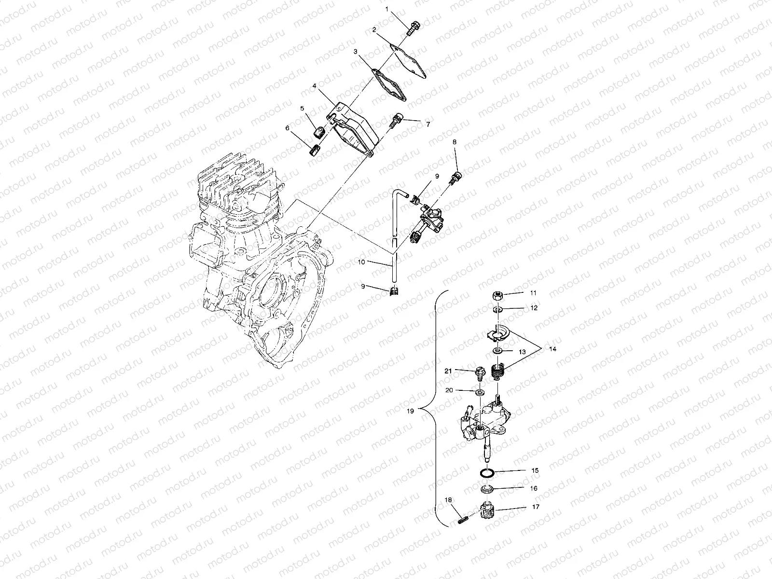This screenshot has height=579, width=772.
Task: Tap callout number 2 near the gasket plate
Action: [374, 30]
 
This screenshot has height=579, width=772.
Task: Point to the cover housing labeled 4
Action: [357, 126]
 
